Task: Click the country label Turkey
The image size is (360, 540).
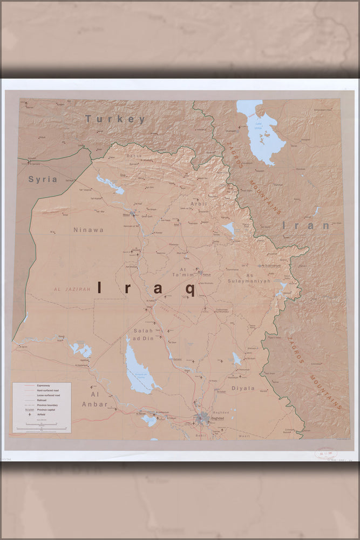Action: [115, 119]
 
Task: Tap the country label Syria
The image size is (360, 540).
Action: [43, 179]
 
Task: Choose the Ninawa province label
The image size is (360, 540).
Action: [89, 230]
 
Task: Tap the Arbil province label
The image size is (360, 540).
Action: [199, 204]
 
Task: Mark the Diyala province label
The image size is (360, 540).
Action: [242, 388]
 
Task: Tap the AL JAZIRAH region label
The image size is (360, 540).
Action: [72, 289]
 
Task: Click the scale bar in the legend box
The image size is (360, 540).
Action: [42, 427]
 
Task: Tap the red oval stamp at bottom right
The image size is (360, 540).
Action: [326, 453]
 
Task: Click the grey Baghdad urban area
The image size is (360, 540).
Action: [203, 417]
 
